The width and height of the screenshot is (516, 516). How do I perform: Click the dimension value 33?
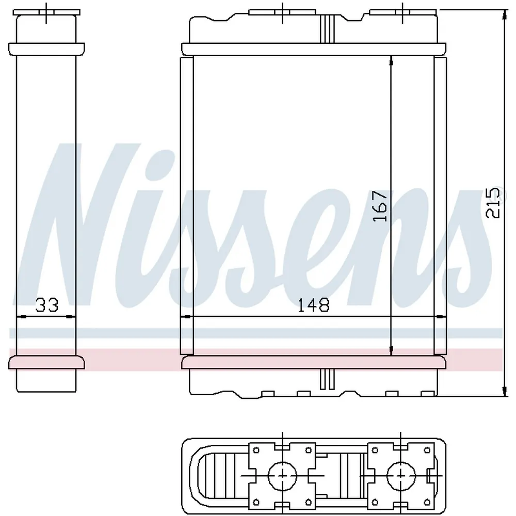47,305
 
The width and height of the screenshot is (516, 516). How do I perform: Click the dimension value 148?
314,305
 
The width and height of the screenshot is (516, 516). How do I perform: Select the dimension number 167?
380,206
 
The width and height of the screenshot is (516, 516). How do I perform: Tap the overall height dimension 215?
493,203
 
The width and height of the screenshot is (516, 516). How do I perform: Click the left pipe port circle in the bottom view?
282,476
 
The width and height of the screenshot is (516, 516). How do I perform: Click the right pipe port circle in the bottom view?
401,476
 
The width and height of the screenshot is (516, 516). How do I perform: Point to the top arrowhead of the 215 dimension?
504,14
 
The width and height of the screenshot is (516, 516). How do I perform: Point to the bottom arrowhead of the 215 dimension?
504,391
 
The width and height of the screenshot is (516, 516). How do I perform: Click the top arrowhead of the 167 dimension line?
391,61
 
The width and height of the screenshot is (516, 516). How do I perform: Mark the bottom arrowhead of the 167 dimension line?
391,350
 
